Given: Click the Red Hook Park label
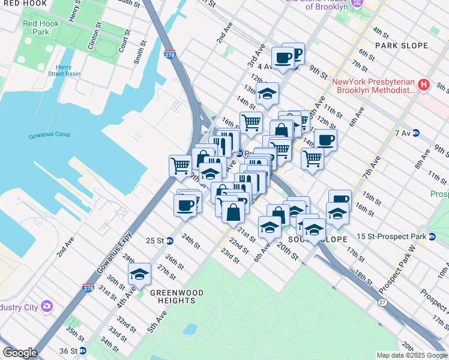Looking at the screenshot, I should coord(36,28).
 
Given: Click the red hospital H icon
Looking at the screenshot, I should coord(424,85).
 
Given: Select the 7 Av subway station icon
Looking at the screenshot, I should coord(415,133).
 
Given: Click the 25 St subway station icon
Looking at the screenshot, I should coord(170,241).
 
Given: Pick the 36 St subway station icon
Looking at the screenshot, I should coord(83,350).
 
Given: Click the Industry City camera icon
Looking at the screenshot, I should coord(46,307).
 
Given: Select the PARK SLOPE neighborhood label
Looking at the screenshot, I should coord(402,46).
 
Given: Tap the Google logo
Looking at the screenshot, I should coord(20,353).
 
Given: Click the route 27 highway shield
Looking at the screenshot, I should coord(382,302).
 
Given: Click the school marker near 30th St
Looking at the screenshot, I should coord(140,274).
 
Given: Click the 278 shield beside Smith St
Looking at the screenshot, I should coord(169,55).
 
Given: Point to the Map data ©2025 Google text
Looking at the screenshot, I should coord(411,355).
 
